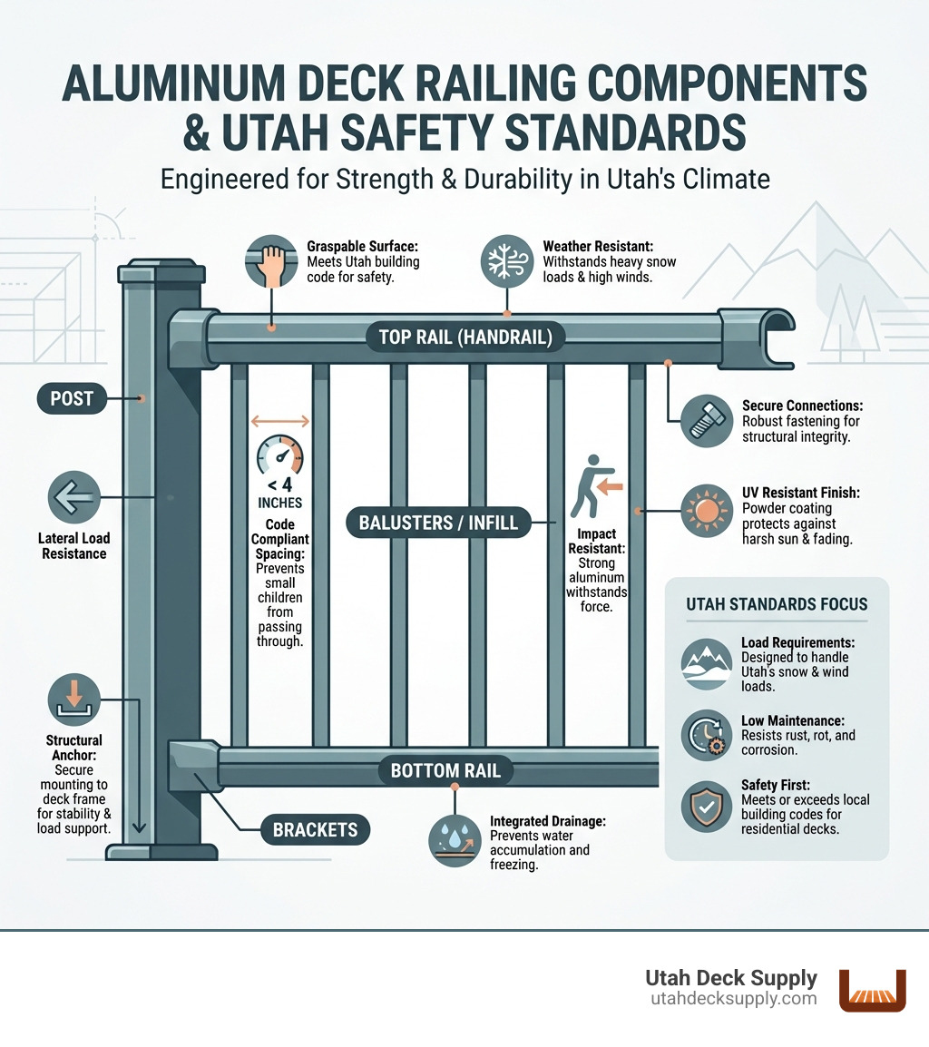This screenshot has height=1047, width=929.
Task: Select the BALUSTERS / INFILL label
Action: (439, 522)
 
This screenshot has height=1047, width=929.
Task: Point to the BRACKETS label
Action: (316, 828)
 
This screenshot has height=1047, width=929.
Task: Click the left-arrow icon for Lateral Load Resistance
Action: (73, 498)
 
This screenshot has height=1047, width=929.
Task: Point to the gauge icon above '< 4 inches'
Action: (280, 455)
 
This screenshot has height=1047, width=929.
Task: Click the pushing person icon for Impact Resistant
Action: (589, 490)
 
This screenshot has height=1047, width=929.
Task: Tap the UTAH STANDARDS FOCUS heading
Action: (777, 604)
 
